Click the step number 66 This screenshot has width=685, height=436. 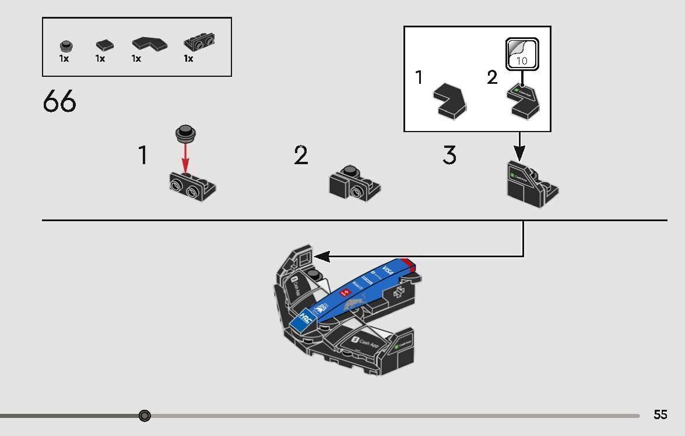[59, 102]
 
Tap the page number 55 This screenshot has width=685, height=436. [660, 414]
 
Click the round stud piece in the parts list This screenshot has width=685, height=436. [65, 46]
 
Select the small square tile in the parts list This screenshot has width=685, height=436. [104, 45]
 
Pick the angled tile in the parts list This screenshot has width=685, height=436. [149, 44]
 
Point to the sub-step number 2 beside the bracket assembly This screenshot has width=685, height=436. [301, 156]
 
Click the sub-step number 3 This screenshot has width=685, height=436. [449, 156]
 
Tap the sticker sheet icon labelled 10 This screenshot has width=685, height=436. [522, 54]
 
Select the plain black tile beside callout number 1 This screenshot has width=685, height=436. [450, 100]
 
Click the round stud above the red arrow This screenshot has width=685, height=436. [185, 133]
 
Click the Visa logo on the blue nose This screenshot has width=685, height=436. [388, 272]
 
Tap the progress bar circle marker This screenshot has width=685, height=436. [145, 416]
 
